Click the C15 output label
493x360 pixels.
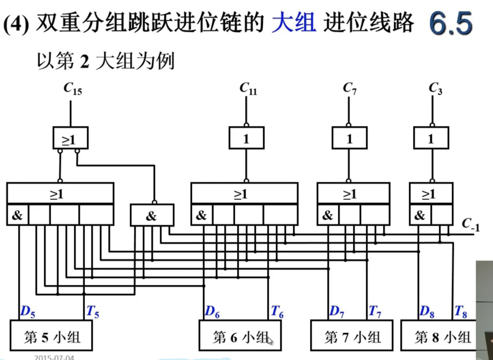pyautogui.click(x=73, y=89)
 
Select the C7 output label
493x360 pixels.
pyautogui.click(x=350, y=88)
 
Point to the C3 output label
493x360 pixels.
pyautogui.click(x=435, y=88)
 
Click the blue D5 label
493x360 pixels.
pyautogui.click(x=28, y=312)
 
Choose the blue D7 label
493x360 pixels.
pyautogui.click(x=337, y=312)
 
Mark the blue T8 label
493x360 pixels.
pyautogui.click(x=460, y=312)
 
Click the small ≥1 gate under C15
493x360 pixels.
pyautogui.click(x=70, y=138)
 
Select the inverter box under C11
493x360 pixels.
pyautogui.click(x=246, y=138)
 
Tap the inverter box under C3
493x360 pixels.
pyautogui.click(x=431, y=138)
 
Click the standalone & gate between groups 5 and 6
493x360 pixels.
pyautogui.click(x=152, y=215)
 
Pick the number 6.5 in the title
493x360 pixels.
pyautogui.click(x=451, y=24)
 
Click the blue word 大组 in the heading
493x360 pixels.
pyautogui.click(x=294, y=23)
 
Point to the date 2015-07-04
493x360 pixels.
pyautogui.click(x=54, y=357)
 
